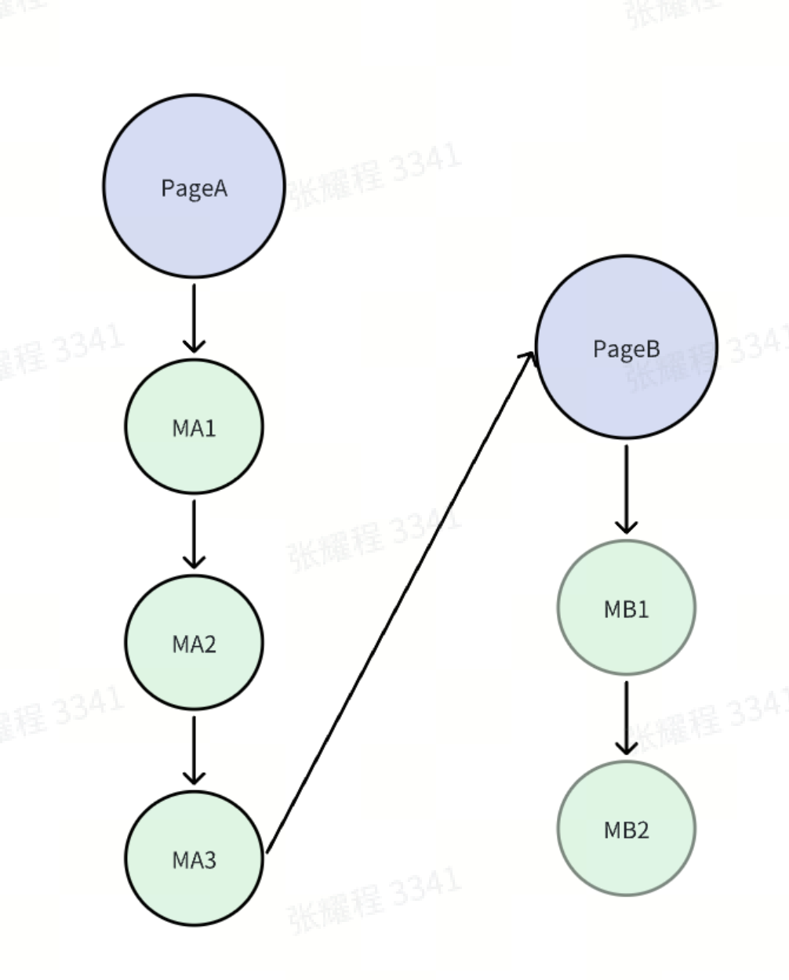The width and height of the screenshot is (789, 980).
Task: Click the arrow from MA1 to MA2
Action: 194,532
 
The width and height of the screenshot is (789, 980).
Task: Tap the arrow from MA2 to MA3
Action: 194,749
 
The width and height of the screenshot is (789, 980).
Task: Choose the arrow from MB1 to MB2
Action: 626,716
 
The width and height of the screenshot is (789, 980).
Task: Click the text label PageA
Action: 194,188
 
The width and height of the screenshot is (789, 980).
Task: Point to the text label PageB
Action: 626,348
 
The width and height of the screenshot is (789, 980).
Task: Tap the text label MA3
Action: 194,860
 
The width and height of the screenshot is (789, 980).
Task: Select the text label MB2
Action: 626,829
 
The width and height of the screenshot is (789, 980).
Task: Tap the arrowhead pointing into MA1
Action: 194,344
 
